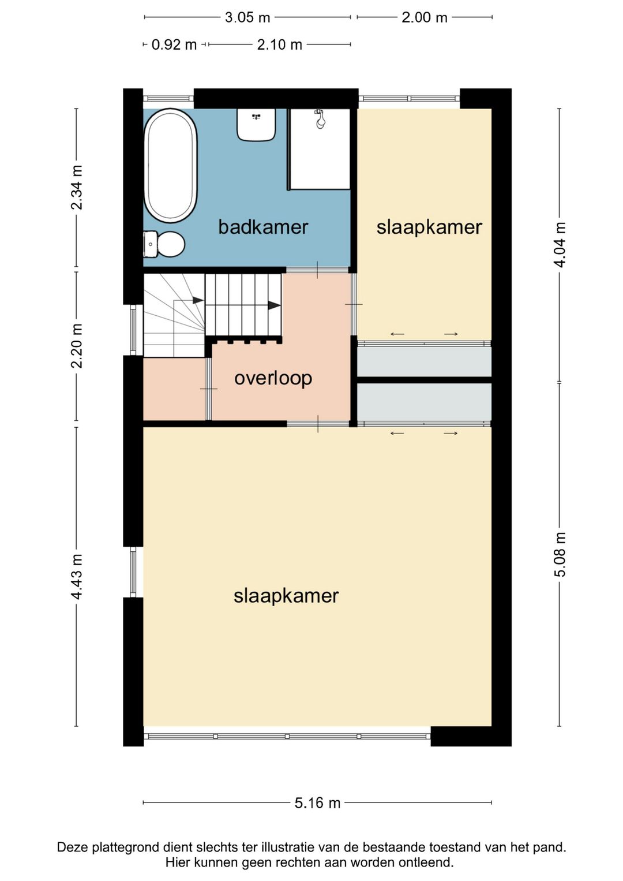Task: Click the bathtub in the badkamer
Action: (171, 165)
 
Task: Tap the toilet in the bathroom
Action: (164, 244)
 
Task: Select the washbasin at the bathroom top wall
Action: (256, 125)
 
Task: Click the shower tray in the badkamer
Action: (319, 149)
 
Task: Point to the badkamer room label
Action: (263, 227)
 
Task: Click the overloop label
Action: (273, 378)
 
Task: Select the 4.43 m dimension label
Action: (77, 577)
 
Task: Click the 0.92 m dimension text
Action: (174, 45)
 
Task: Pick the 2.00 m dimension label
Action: (425, 18)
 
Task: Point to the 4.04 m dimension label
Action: (560, 245)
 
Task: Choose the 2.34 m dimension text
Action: (77, 187)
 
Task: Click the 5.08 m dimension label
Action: (560, 554)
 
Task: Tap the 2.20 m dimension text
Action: (77, 346)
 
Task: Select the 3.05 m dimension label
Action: (247, 18)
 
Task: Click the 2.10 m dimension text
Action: (279, 45)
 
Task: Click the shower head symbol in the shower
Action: (320, 119)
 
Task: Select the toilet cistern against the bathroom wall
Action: (150, 244)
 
